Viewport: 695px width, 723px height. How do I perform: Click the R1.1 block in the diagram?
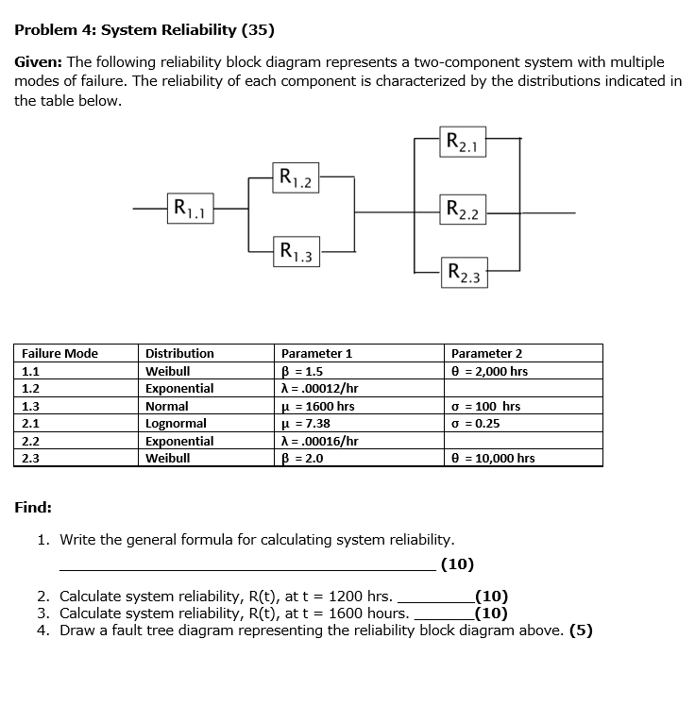point(190,208)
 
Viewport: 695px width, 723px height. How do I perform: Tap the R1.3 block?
point(297,251)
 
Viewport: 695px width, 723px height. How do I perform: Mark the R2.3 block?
point(465,275)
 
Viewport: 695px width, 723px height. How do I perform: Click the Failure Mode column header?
point(59,353)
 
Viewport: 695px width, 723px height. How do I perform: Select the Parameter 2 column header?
point(486,353)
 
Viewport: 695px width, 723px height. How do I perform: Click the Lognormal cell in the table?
point(176,424)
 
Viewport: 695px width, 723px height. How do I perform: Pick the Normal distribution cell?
point(166,406)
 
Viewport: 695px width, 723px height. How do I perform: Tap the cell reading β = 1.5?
point(302,371)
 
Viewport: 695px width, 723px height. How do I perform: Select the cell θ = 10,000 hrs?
point(493,459)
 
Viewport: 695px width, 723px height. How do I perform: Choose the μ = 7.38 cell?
point(306,424)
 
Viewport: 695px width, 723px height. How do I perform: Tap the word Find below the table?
point(33,508)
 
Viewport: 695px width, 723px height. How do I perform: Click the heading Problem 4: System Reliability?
point(144,29)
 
